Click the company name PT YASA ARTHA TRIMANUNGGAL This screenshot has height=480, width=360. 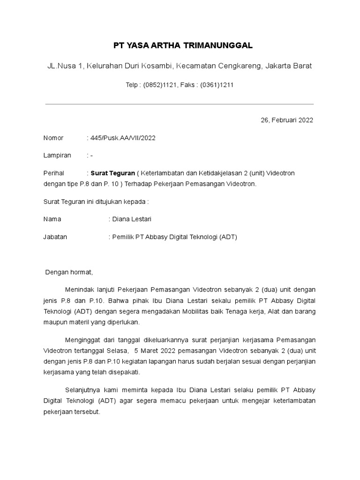(x=183, y=45)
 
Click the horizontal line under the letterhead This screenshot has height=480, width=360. (x=179, y=104)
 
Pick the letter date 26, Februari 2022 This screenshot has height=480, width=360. (x=286, y=120)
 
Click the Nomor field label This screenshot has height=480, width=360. (x=53, y=138)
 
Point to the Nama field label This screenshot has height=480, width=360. (x=52, y=219)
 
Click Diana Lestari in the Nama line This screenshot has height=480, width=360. (x=132, y=219)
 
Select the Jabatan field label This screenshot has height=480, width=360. (x=55, y=237)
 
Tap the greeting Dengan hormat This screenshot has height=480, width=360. (x=69, y=272)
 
